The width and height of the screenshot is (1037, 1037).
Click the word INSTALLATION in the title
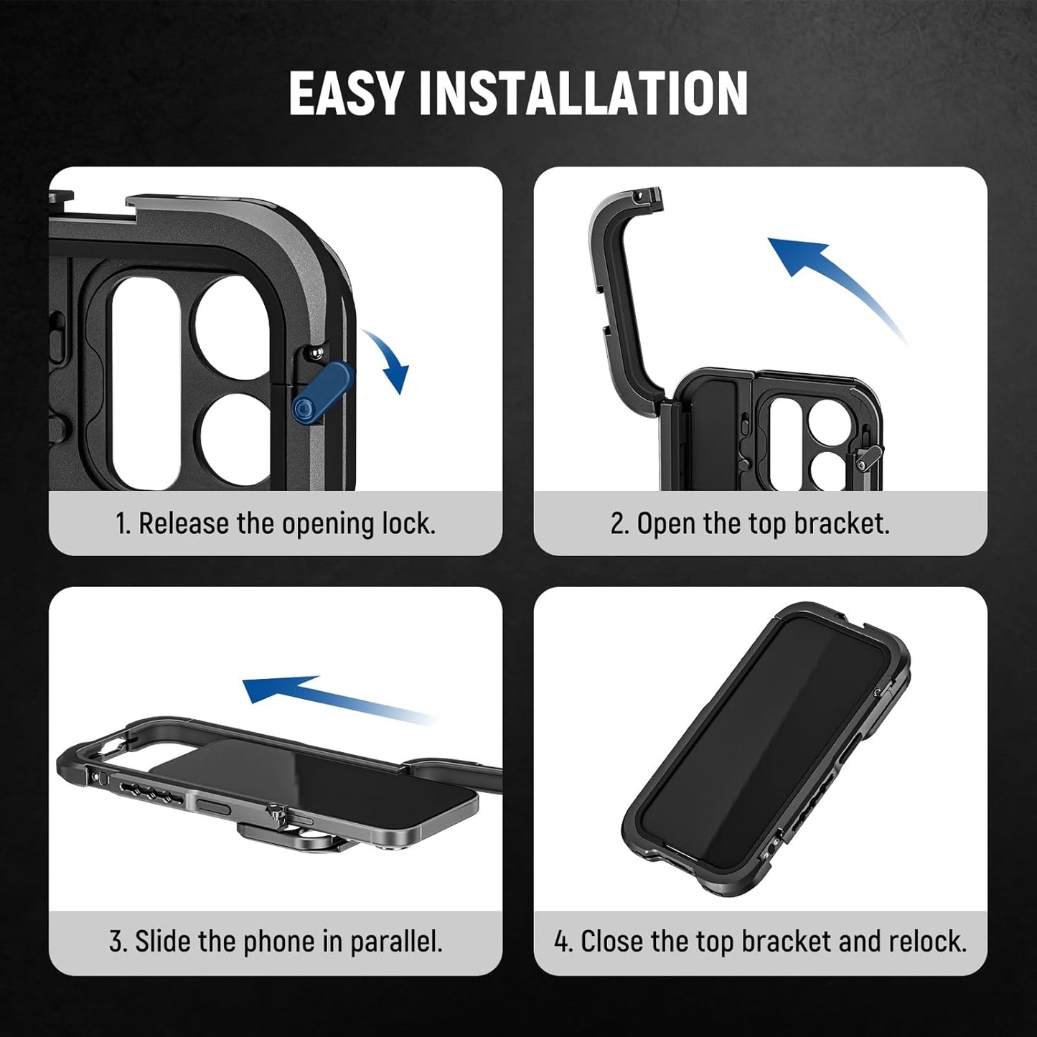[583, 93]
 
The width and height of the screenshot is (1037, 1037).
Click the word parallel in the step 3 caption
[395, 942]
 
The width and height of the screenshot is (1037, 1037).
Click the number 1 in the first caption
[123, 524]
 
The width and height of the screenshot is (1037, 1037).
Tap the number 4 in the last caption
[560, 942]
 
